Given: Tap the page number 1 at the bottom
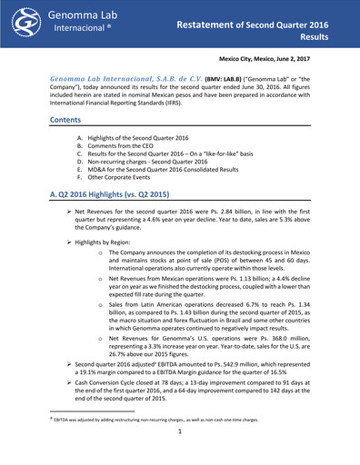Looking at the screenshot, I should click(x=181, y=457).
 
